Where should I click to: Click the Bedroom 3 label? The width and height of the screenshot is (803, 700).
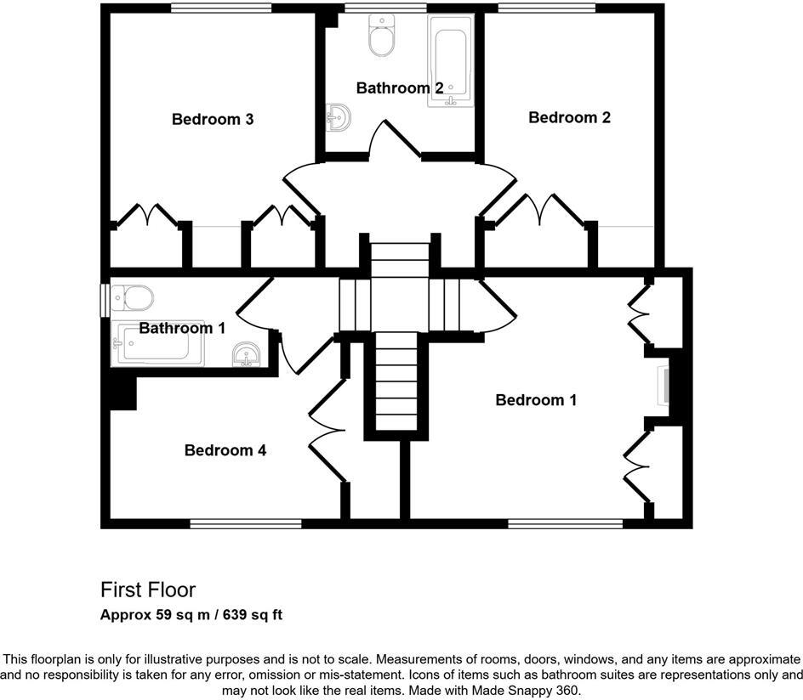pyautogui.click(x=213, y=119)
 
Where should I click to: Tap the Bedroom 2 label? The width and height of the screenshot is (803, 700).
pyautogui.click(x=569, y=117)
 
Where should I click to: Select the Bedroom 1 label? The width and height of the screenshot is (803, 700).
pyautogui.click(x=536, y=399)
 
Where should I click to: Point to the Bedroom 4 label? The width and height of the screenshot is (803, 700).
pyautogui.click(x=225, y=450)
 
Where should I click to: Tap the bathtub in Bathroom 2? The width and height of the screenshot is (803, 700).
pyautogui.click(x=451, y=60)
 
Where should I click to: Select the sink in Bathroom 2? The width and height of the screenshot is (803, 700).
pyautogui.click(x=337, y=117)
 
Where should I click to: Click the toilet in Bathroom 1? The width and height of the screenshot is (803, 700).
pyautogui.click(x=134, y=297)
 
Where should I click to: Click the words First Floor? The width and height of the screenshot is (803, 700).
pyautogui.click(x=148, y=590)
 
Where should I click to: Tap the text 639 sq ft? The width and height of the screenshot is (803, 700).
pyautogui.click(x=253, y=614)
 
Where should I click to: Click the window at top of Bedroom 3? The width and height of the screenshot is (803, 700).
pyautogui.click(x=220, y=8)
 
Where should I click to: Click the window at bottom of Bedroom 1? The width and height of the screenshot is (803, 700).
pyautogui.click(x=565, y=523)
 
